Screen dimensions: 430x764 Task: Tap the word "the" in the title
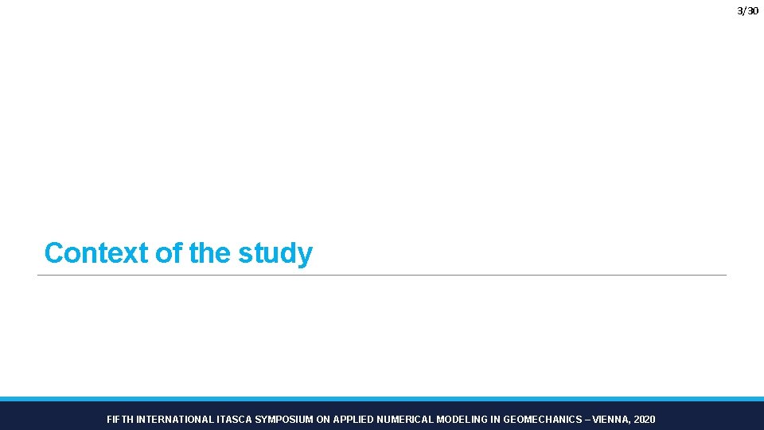[x=210, y=253]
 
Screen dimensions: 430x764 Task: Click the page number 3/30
[x=747, y=10]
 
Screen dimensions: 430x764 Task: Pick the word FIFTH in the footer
[x=120, y=419]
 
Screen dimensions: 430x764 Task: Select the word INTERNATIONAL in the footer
[x=175, y=419]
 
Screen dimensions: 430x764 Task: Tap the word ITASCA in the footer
[x=234, y=419]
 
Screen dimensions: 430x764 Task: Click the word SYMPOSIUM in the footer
[x=284, y=419]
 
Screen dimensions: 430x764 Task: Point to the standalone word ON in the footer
[x=323, y=419]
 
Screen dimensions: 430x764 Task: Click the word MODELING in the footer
[x=462, y=419]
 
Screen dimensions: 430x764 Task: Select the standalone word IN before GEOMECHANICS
[x=495, y=419]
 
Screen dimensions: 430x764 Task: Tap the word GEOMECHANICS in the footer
[x=542, y=419]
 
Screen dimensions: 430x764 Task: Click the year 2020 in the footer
[x=645, y=419]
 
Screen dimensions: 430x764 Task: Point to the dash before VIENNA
[x=587, y=419]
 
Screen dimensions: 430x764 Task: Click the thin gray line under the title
[x=382, y=276]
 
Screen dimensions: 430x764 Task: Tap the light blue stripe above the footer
[x=382, y=398]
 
